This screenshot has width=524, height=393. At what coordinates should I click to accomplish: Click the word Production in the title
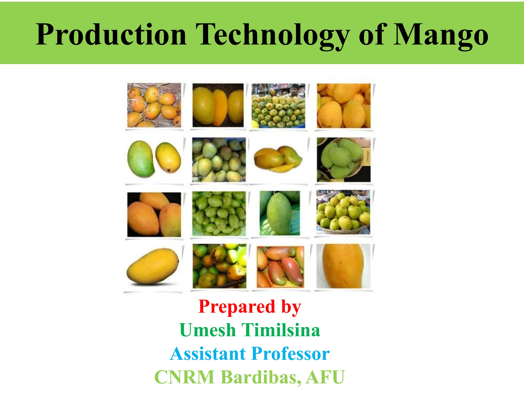[x=111, y=35]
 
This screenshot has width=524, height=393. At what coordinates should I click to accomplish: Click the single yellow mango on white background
[x=153, y=266]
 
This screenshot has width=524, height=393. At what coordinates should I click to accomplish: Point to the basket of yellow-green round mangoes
[x=343, y=212]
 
